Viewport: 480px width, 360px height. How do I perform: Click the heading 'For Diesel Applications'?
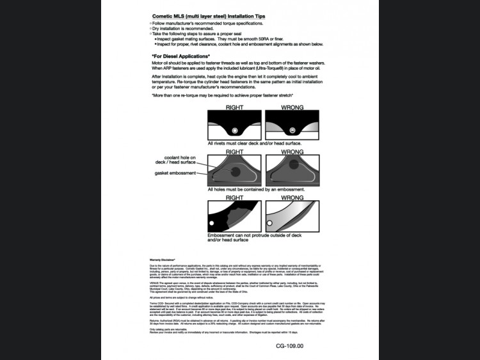(x=181, y=56)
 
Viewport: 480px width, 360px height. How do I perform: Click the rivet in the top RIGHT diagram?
(x=234, y=130)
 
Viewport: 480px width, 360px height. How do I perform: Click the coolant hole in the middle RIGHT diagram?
(x=236, y=172)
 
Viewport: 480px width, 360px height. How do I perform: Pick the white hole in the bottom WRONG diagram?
(x=269, y=223)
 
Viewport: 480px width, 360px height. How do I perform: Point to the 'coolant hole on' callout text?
(x=180, y=157)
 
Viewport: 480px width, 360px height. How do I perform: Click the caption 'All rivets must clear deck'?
(x=254, y=143)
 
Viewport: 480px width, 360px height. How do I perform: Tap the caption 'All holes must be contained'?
(x=256, y=189)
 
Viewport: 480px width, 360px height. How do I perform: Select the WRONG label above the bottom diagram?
(x=292, y=198)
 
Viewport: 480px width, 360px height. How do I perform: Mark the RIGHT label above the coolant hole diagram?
(x=234, y=152)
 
